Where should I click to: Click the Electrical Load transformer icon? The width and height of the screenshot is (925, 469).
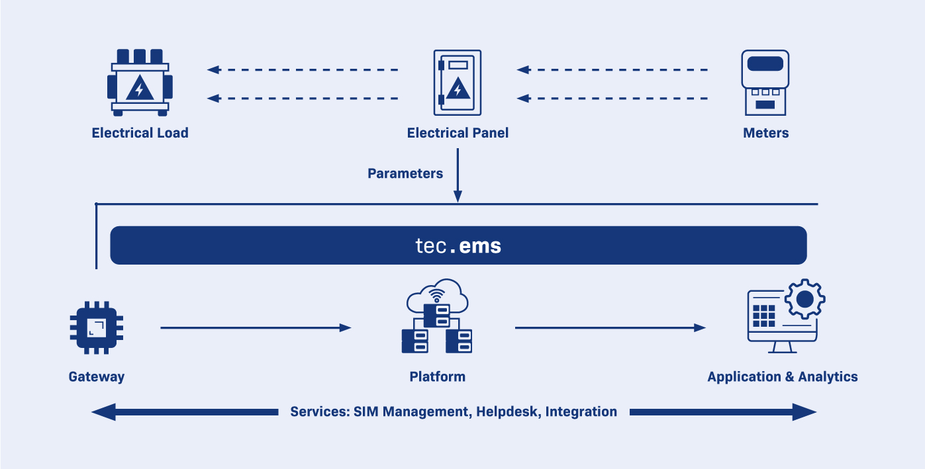tap(140, 83)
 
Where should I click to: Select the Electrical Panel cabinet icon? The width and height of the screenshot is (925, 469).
tap(458, 83)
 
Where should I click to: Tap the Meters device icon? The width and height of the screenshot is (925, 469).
tap(765, 83)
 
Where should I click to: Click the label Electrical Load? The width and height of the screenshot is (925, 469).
tap(140, 133)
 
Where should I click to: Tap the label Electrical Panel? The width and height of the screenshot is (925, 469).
tap(458, 133)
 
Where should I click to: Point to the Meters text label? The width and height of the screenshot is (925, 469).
tap(765, 133)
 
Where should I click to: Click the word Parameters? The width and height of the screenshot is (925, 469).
tap(405, 174)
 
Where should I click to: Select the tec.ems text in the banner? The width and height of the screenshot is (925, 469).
tap(458, 246)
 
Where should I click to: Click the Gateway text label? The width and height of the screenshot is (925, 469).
tap(97, 377)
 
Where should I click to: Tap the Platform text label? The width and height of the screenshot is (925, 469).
tap(437, 377)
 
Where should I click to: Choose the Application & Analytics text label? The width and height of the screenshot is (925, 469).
tap(782, 377)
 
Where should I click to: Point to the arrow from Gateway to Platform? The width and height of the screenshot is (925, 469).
tap(255, 327)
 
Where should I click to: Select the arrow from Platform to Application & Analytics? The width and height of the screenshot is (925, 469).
tap(610, 327)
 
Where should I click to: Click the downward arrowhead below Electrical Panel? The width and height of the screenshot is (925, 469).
tap(458, 196)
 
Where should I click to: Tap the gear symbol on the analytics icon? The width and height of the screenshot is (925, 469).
tap(804, 300)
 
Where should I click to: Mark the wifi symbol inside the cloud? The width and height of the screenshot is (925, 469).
tap(436, 295)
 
